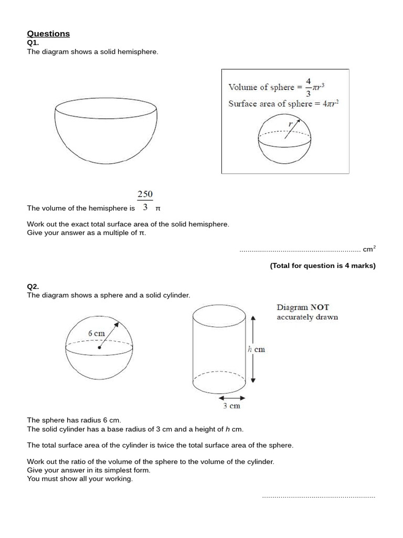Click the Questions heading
click(48, 34)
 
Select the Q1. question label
click(33, 43)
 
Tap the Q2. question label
click(33, 286)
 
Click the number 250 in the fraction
click(145, 194)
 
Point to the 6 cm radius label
click(97, 333)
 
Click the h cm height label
click(256, 349)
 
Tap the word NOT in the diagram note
click(320, 307)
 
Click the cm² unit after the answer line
click(369, 249)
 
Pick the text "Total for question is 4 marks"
click(323, 266)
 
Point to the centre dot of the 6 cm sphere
click(99, 347)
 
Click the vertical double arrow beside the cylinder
click(253, 349)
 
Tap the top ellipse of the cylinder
click(219, 317)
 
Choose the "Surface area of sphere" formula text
click(283, 104)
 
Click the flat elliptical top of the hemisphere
click(106, 109)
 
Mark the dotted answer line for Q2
click(319, 496)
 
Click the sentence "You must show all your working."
click(80, 479)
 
